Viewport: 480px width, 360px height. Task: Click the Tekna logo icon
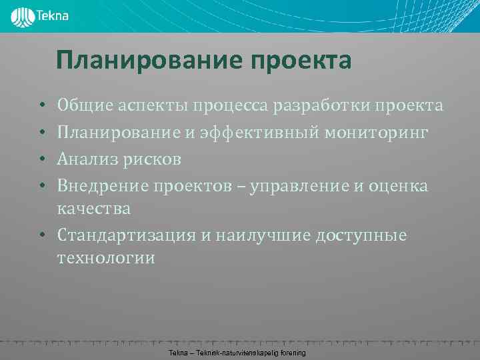[x=23, y=16]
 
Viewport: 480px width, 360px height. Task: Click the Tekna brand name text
[x=54, y=15]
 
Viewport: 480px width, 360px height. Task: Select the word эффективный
[x=257, y=133]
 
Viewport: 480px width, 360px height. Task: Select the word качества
[x=94, y=209]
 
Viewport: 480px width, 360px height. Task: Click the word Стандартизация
[x=128, y=236]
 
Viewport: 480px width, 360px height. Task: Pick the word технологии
[x=106, y=259]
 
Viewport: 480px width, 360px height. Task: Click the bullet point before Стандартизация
[x=41, y=236]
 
